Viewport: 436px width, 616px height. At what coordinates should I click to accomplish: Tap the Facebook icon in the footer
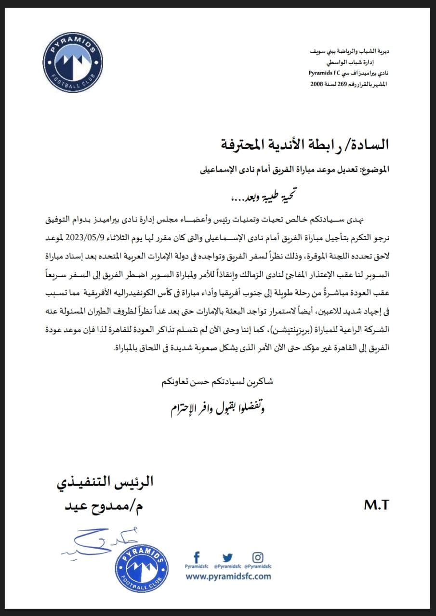tap(196, 557)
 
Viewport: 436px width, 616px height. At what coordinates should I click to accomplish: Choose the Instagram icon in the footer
tap(258, 557)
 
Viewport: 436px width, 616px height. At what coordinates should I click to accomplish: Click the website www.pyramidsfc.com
tap(228, 576)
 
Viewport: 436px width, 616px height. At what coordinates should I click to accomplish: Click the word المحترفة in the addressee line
tap(247, 144)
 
